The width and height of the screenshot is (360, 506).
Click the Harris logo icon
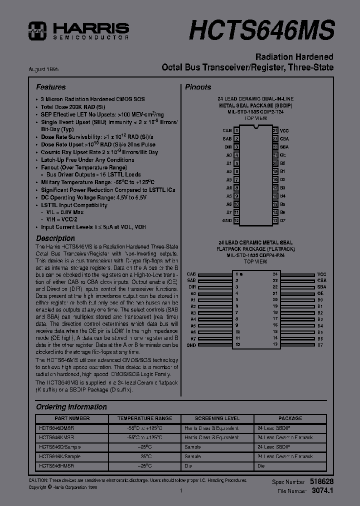37,30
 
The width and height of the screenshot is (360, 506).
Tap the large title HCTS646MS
261,29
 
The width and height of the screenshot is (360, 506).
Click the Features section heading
50,87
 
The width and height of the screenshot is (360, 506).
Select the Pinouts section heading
198,87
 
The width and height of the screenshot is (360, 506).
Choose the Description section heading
55,238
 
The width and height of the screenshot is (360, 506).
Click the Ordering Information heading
71,407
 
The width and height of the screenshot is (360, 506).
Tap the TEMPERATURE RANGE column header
144,418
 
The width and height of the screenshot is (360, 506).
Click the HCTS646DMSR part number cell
56,428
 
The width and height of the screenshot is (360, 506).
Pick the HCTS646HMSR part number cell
56,465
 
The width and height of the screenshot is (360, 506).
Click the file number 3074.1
322,491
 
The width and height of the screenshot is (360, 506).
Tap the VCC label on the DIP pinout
284,130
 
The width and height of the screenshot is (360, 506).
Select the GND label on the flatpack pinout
191,345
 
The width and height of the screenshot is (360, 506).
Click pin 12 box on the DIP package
236,220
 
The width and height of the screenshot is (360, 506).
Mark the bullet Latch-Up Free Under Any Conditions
87,160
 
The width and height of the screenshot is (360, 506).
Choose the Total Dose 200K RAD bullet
73,107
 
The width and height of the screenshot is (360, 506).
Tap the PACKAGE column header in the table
290,418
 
